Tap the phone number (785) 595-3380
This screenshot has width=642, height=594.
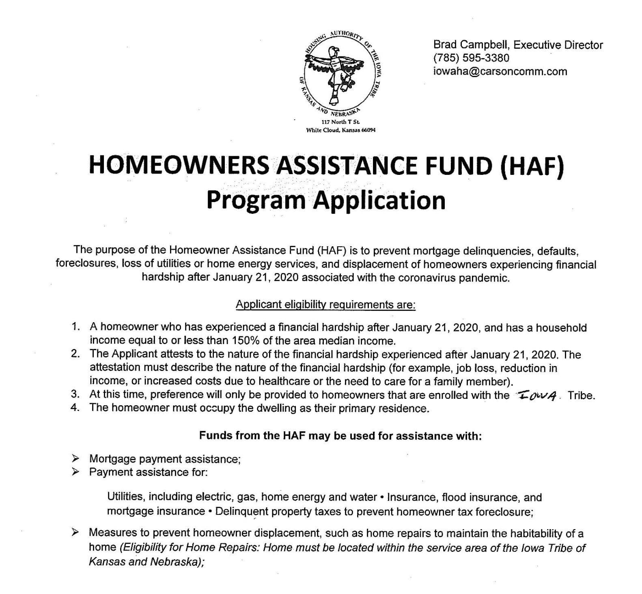(x=471, y=58)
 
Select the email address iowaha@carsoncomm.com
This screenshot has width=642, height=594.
(x=500, y=71)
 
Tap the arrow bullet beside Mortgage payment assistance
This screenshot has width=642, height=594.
(x=75, y=459)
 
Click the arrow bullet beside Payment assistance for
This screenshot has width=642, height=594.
(x=75, y=472)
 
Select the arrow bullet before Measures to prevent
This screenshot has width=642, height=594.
(x=75, y=533)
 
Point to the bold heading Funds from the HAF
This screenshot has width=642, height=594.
(x=340, y=436)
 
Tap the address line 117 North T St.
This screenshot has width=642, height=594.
(x=340, y=122)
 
